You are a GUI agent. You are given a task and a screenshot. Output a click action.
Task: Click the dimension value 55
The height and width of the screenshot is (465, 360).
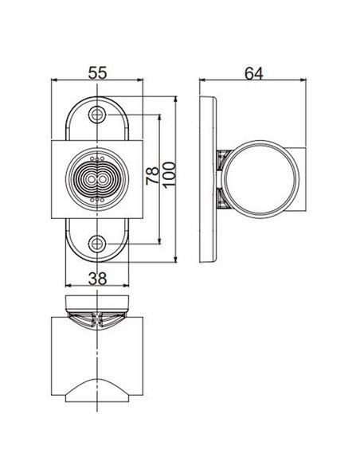click(97, 72)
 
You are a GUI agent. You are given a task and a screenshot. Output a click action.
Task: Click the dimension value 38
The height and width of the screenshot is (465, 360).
click(97, 277)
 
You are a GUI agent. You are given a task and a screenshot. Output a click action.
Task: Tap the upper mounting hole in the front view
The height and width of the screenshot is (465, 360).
click(97, 115)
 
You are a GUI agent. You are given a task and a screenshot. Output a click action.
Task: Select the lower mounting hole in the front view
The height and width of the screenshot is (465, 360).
click(97, 244)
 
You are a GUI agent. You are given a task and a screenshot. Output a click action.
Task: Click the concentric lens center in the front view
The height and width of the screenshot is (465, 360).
click(97, 179)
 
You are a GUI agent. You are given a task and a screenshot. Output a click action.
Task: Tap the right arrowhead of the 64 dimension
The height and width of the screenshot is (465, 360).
click(307, 80)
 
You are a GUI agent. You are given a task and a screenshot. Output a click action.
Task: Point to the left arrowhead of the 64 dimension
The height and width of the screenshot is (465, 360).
click(202, 80)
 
